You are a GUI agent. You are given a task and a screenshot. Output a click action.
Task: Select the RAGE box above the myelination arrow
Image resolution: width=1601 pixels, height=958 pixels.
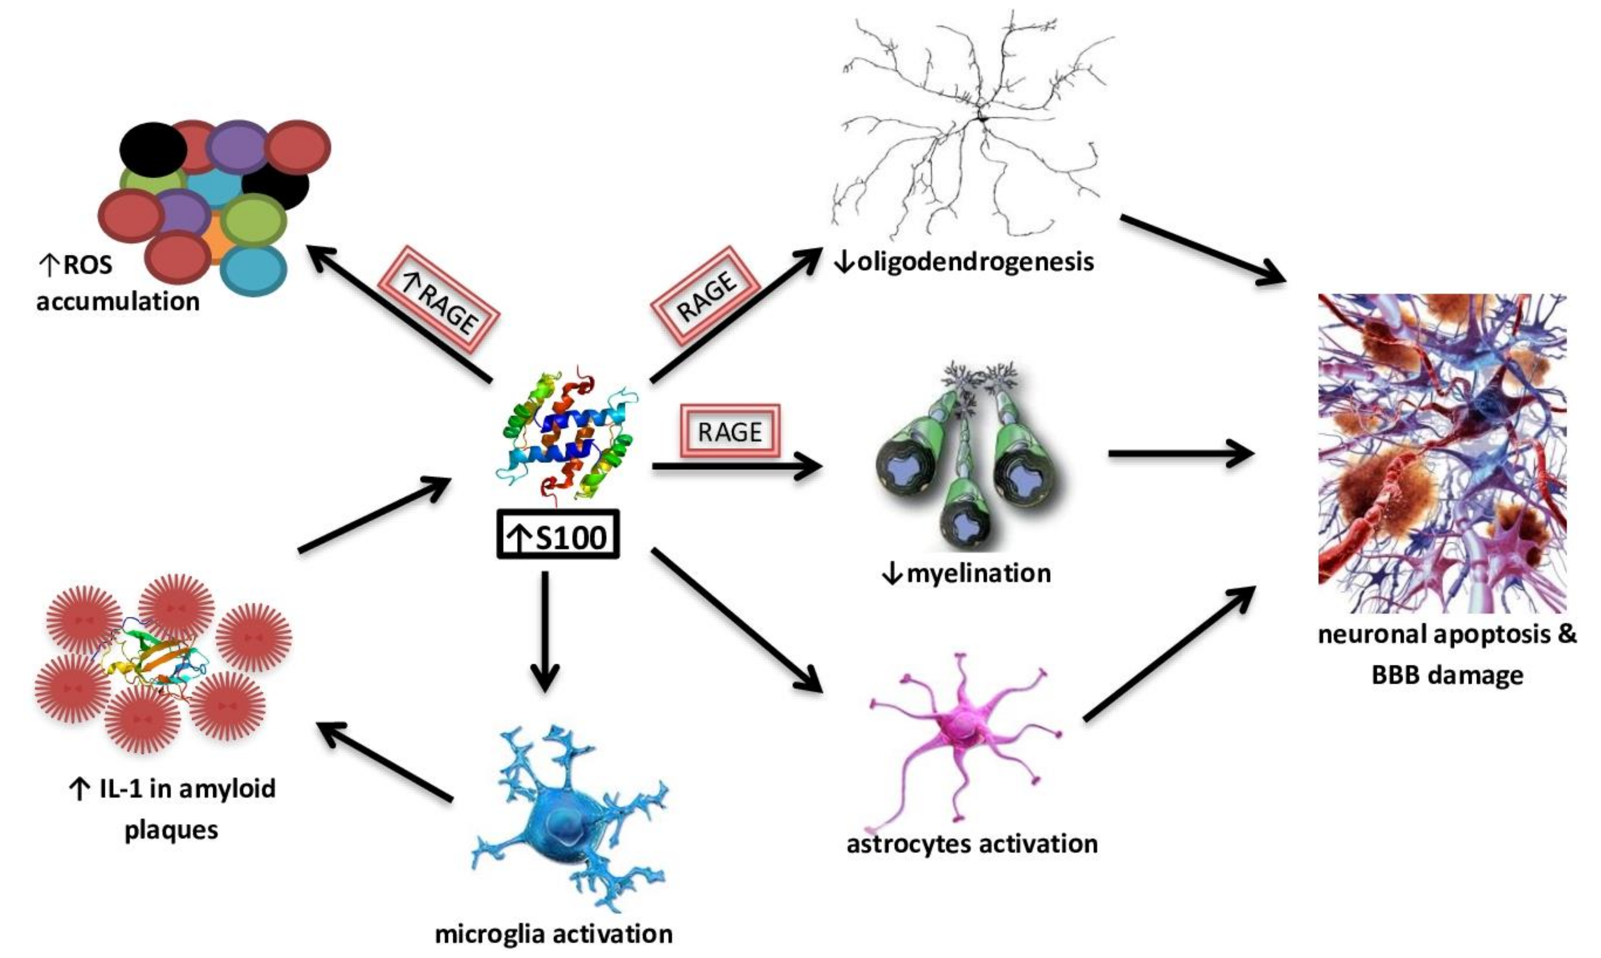pyautogui.click(x=730, y=431)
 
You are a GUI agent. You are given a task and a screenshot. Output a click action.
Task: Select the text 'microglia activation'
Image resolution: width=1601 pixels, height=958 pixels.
pyautogui.click(x=554, y=934)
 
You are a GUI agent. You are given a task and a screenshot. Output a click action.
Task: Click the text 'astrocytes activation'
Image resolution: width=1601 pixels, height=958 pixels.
pyautogui.click(x=972, y=844)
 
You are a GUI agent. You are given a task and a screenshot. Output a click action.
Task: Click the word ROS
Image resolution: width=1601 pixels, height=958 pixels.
pyautogui.click(x=87, y=264)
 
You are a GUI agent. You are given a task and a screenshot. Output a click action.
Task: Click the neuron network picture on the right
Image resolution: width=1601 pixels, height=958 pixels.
pyautogui.click(x=1442, y=452)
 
